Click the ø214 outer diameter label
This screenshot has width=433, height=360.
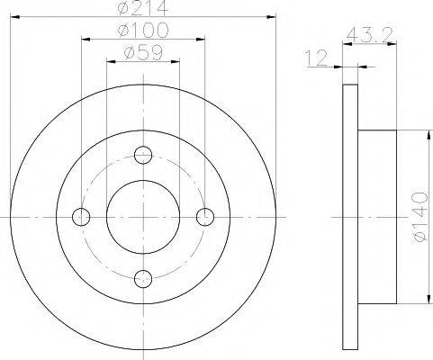(142, 8)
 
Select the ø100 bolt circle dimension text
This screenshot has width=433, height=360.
(143, 31)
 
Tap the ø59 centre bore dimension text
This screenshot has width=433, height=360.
(143, 53)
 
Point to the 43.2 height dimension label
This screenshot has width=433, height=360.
(369, 34)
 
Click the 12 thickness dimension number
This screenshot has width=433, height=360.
(316, 58)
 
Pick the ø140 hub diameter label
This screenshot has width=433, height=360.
(419, 217)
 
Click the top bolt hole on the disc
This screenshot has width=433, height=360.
(143, 155)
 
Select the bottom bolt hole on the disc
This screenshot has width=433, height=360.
(143, 279)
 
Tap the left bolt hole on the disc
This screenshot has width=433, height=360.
(81, 217)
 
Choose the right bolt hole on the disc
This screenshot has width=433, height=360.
(205, 217)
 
